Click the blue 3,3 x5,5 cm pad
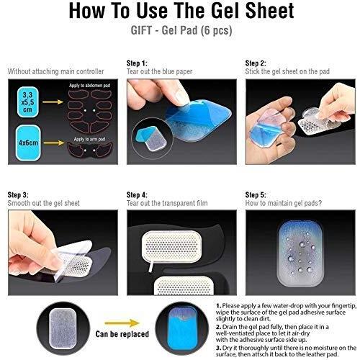[x=28, y=102]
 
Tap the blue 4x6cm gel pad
[x=28, y=143]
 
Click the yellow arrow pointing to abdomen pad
[x=53, y=102]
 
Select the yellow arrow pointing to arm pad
[x=54, y=143]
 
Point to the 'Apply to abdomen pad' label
[x=90, y=86]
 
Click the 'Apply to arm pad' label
[x=89, y=139]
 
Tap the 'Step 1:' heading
[x=137, y=63]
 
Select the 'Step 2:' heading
[x=256, y=63]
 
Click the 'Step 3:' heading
[x=18, y=195]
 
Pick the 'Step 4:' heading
[x=137, y=195]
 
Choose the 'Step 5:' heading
[x=256, y=195]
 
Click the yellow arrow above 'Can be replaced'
[x=122, y=323]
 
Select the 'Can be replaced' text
[x=122, y=334]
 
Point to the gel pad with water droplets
[x=300, y=253]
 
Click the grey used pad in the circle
[x=63, y=329]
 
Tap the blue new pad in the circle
[x=183, y=329]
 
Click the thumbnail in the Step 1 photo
[x=153, y=139]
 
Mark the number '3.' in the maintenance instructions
[x=218, y=348]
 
